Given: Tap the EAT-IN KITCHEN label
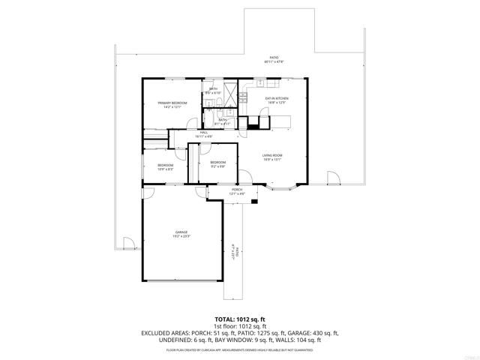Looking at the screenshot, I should pyautogui.click(x=277, y=98).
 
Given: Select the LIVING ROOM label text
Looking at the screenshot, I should pyautogui.click(x=271, y=155).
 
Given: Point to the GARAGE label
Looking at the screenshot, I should pyautogui.click(x=181, y=232).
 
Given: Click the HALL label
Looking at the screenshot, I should pyautogui.click(x=203, y=133).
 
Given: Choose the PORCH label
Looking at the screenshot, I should pyautogui.click(x=236, y=190).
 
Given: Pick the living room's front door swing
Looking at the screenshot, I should pyautogui.click(x=244, y=178).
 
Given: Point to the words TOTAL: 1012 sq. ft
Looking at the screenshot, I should pyautogui.click(x=240, y=318).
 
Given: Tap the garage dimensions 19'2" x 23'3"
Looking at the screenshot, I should pyautogui.click(x=181, y=237).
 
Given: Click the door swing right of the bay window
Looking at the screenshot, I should pyautogui.click(x=333, y=178).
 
